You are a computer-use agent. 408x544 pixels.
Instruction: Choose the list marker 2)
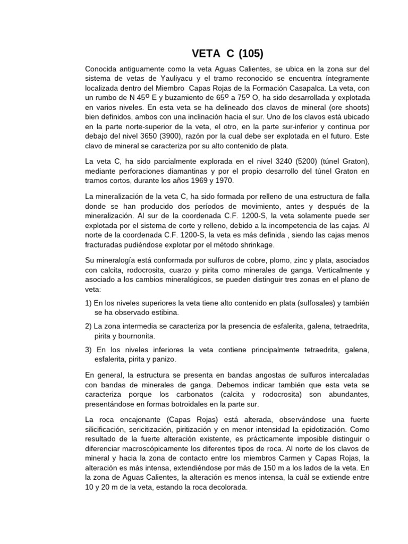(89, 326)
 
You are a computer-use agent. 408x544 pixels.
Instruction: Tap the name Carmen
(278, 457)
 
